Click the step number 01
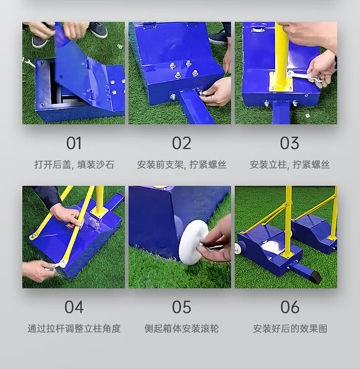tap(74, 143)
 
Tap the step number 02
tap(181, 143)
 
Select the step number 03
tap(289, 143)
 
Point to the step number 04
tap(74, 307)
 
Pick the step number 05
tap(181, 307)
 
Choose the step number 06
tap(290, 307)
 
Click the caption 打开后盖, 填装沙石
tap(74, 164)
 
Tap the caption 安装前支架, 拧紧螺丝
tap(181, 164)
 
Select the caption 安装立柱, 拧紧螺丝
tap(289, 164)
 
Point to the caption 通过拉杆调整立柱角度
tap(74, 328)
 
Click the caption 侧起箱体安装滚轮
tap(181, 328)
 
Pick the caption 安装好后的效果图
tap(290, 328)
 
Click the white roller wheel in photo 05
tap(193, 242)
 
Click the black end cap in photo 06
tap(315, 277)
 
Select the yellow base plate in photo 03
tap(281, 82)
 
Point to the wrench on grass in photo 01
tap(30, 62)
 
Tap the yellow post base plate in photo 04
tap(99, 212)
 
